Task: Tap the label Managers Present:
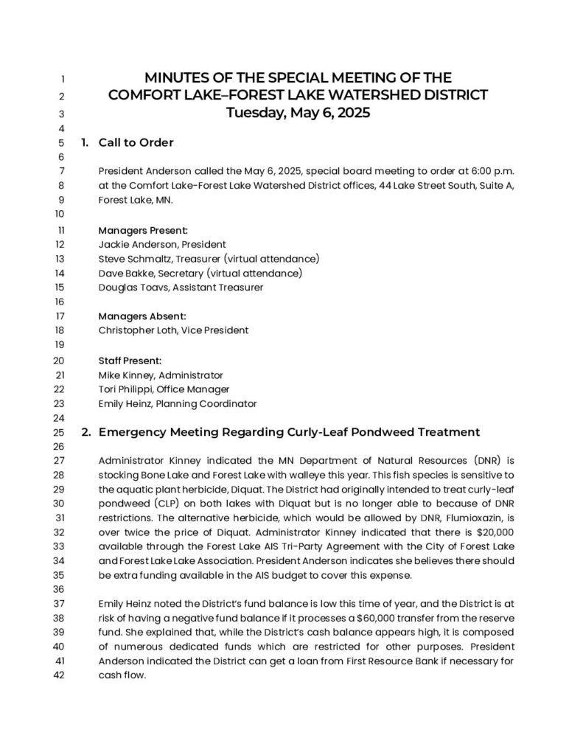[x=143, y=229]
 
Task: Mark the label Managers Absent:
[x=142, y=316]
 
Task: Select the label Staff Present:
[x=130, y=361]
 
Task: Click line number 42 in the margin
[x=60, y=675]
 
